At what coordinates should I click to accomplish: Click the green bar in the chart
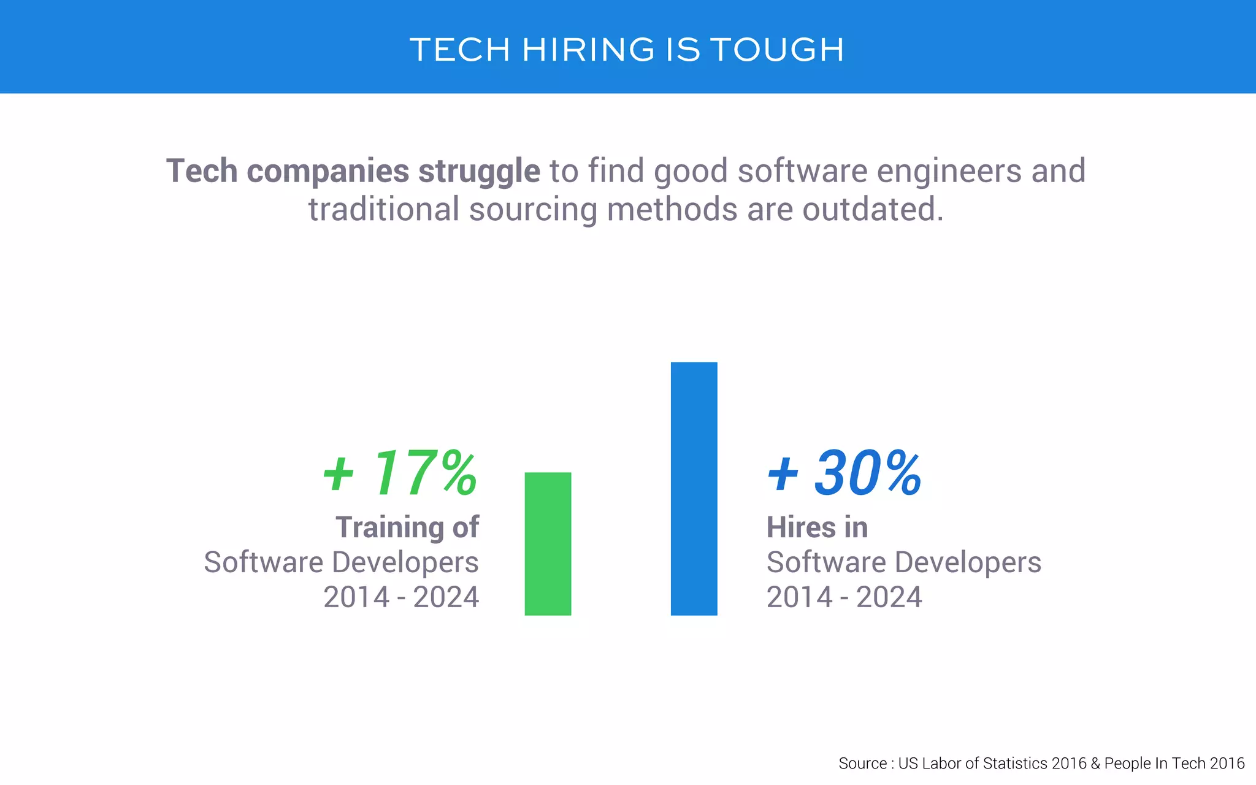(548, 543)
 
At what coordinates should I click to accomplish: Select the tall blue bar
(694, 488)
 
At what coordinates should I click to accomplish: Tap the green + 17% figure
(400, 473)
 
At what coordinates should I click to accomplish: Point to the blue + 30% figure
(844, 473)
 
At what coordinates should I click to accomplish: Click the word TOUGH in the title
(778, 50)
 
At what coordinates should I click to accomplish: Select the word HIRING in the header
(589, 50)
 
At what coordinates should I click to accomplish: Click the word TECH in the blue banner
(460, 50)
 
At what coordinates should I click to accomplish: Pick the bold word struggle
(479, 172)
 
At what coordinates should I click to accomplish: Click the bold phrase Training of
(407, 527)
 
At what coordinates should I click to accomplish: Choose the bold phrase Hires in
(817, 527)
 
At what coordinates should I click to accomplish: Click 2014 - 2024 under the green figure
(401, 597)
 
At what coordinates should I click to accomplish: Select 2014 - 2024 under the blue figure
(844, 597)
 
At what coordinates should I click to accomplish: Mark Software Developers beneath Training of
(341, 562)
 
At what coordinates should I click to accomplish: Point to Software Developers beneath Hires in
(903, 562)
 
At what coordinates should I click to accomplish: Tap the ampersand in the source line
(1095, 764)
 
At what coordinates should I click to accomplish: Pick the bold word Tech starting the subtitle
(202, 171)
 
